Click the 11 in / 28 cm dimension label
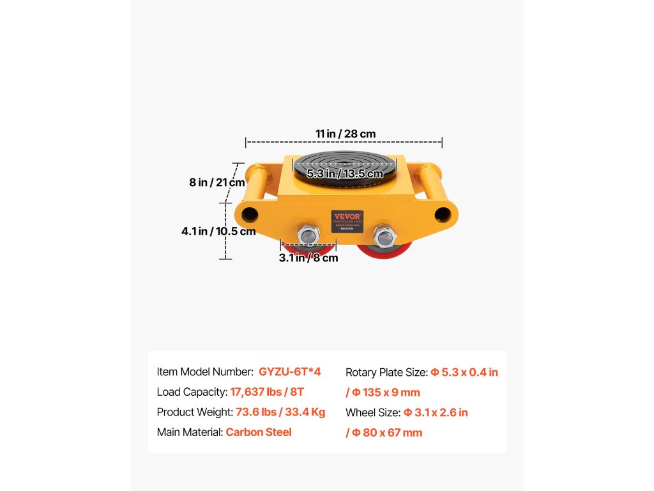point(345,134)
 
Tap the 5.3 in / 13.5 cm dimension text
point(345,174)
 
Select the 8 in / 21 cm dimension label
point(217,182)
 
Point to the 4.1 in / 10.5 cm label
point(218,231)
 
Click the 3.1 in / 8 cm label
point(308,258)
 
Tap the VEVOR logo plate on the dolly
point(347,221)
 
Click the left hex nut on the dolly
point(308,235)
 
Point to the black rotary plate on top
point(345,163)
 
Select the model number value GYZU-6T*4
point(289,371)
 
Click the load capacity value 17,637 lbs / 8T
point(270,392)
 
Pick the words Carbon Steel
point(259,432)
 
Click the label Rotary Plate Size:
point(386,372)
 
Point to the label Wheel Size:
point(373,412)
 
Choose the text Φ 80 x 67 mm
point(387,433)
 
